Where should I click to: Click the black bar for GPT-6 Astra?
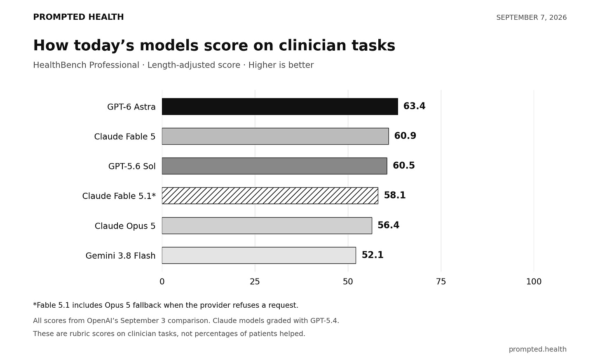pos(280,107)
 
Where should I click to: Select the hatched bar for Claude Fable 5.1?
pos(270,196)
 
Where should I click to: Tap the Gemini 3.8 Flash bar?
pos(259,255)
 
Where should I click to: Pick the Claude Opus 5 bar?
pos(267,226)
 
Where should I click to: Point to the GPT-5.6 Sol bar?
pos(274,166)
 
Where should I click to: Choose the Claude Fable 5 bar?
pos(275,136)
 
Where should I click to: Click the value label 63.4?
pos(414,106)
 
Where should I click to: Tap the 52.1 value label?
pos(373,255)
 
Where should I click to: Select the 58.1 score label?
pos(395,195)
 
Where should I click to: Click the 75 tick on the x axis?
pos(441,282)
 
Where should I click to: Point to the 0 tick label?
pos(162,282)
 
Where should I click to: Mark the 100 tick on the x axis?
pos(534,282)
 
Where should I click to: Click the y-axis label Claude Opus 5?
pos(125,226)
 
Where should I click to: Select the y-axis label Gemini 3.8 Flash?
pos(120,256)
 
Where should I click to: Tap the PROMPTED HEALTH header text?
pos(78,17)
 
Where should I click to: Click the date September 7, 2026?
pos(532,17)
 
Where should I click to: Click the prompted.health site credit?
pos(538,349)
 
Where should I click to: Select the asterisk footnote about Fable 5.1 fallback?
pos(166,305)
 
